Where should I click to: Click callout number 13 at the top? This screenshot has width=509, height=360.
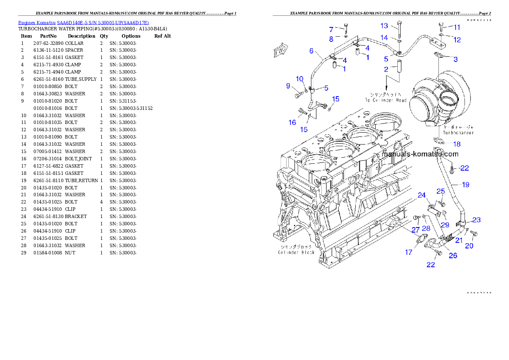coord(384,26)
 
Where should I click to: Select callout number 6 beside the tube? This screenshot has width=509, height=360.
coord(311,51)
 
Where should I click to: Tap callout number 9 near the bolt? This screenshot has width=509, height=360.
coord(288,86)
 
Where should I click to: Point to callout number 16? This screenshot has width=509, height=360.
coord(292,122)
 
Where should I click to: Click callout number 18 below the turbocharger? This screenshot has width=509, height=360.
coord(457,144)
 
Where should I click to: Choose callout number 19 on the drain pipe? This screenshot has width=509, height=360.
coord(465,185)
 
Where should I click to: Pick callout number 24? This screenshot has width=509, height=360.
coord(422,195)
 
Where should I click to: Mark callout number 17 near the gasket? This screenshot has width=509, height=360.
coord(408,252)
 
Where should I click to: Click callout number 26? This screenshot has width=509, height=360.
coord(453,256)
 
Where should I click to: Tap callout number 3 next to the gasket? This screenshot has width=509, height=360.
coord(456,59)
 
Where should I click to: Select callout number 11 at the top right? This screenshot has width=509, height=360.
coord(457,27)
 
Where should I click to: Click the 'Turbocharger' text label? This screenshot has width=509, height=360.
coord(458,133)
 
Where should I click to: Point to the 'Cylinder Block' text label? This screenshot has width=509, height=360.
coord(296,252)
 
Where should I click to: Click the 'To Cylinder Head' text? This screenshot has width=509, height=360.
coord(385,100)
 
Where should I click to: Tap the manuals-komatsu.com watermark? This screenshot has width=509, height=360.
coord(420,154)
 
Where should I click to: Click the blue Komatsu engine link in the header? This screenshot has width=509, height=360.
coord(83,23)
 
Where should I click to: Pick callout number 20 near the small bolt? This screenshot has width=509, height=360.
coord(469,246)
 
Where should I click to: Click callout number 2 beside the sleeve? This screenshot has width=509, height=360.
coord(386,69)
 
